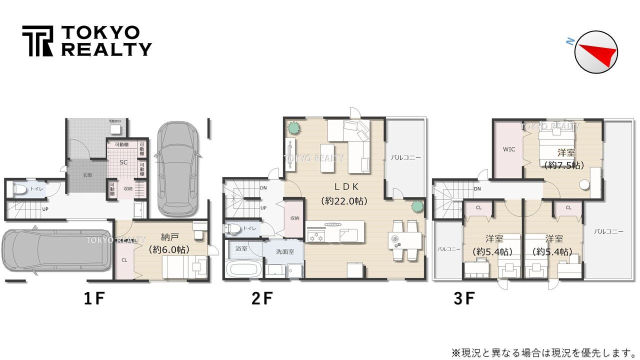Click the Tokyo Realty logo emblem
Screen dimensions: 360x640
coord(37,41)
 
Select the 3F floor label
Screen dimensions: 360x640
coord(463,298)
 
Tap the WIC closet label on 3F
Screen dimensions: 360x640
coord(509,149)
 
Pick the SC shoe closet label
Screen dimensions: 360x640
coord(124,162)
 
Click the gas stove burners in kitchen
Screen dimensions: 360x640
coord(316,235)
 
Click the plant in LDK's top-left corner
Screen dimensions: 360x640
coord(293,128)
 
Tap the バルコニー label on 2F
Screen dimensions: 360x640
coord(405,157)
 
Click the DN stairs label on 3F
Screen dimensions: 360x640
coord(477,189)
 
